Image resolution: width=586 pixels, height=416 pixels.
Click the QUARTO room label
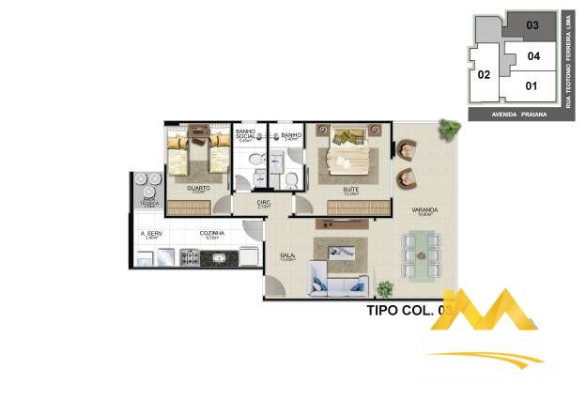197,188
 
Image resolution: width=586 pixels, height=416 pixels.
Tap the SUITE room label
350,188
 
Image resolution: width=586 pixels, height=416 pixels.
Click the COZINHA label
210,233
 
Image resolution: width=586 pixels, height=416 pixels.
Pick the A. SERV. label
150,233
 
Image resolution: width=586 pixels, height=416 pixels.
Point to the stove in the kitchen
189,255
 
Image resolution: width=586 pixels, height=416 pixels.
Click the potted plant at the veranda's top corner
454,127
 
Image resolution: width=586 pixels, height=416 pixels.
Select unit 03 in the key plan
532,25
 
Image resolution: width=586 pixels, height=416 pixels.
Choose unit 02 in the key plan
485,74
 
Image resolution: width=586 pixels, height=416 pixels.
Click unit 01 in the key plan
532,86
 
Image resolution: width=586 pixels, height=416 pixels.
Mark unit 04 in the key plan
533,56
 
